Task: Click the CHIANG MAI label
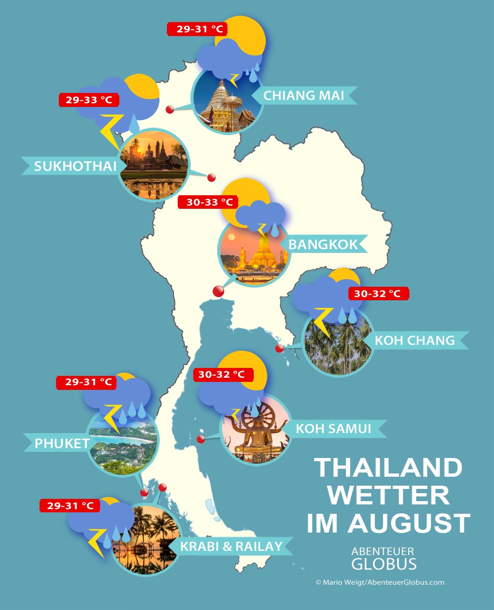tap(304, 96)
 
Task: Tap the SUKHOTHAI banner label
tap(75, 166)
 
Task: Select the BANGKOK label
tap(323, 244)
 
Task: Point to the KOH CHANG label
tap(415, 340)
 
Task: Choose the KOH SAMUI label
tap(333, 428)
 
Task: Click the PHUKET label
tap(62, 443)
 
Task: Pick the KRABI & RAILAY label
tap(231, 547)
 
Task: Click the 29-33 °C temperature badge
tap(89, 100)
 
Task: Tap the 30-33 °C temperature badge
tap(209, 202)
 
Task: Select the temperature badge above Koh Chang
tap(377, 294)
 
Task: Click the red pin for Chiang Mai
tap(170, 110)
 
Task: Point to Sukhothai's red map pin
tap(212, 177)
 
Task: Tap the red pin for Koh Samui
tap(201, 440)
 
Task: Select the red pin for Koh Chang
tap(279, 349)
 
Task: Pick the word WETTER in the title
tap(388, 496)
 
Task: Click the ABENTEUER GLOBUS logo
tap(383, 558)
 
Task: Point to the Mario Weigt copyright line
tap(380, 582)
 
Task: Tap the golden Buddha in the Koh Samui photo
tap(254, 434)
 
